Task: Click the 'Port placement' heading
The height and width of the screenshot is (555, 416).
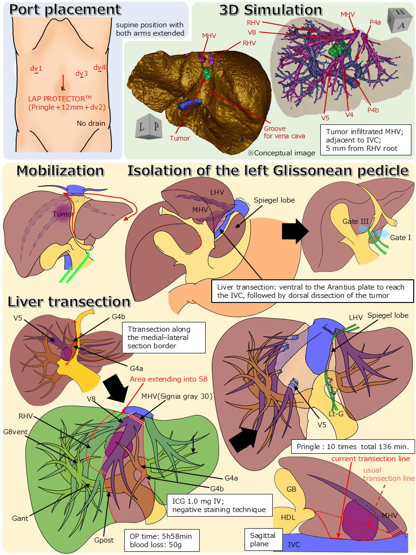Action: [x=65, y=9]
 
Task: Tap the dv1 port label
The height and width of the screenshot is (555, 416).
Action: [x=36, y=69]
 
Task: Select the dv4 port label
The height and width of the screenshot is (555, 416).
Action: [x=99, y=68]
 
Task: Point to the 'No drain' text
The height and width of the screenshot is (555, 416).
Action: [x=91, y=123]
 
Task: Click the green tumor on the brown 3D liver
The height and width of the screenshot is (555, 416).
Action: [x=207, y=73]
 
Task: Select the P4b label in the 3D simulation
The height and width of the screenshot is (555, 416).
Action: [x=373, y=111]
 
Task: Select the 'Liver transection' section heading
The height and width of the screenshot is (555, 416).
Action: [x=69, y=302]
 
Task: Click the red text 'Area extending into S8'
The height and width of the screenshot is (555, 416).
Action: [x=168, y=379]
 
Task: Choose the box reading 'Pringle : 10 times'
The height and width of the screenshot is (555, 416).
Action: [x=353, y=447]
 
